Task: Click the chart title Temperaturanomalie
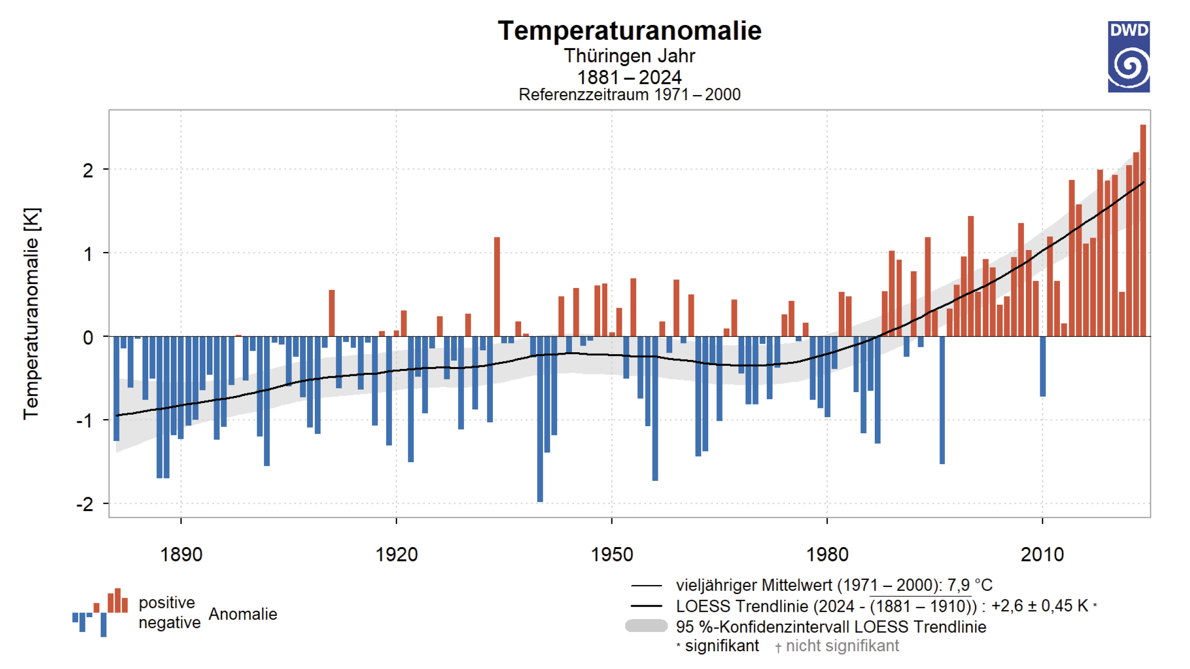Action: pos(630,31)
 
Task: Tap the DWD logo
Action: pos(1129,57)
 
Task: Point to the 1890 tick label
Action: pos(181,555)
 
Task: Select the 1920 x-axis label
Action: pos(396,555)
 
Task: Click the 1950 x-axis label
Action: pos(612,555)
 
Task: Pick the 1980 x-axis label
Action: pos(827,555)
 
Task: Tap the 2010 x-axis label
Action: pos(1042,555)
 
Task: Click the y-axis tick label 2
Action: pos(88,171)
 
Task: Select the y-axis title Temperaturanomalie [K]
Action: pos(32,314)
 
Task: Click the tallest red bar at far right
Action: pos(1143,230)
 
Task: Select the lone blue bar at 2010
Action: pos(1043,366)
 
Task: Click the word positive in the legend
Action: pos(167,603)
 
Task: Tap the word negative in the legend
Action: pos(169,623)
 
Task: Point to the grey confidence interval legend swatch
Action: pos(646,626)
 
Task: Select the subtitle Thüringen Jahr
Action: pos(630,56)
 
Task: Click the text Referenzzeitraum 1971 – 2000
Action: pos(630,95)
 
